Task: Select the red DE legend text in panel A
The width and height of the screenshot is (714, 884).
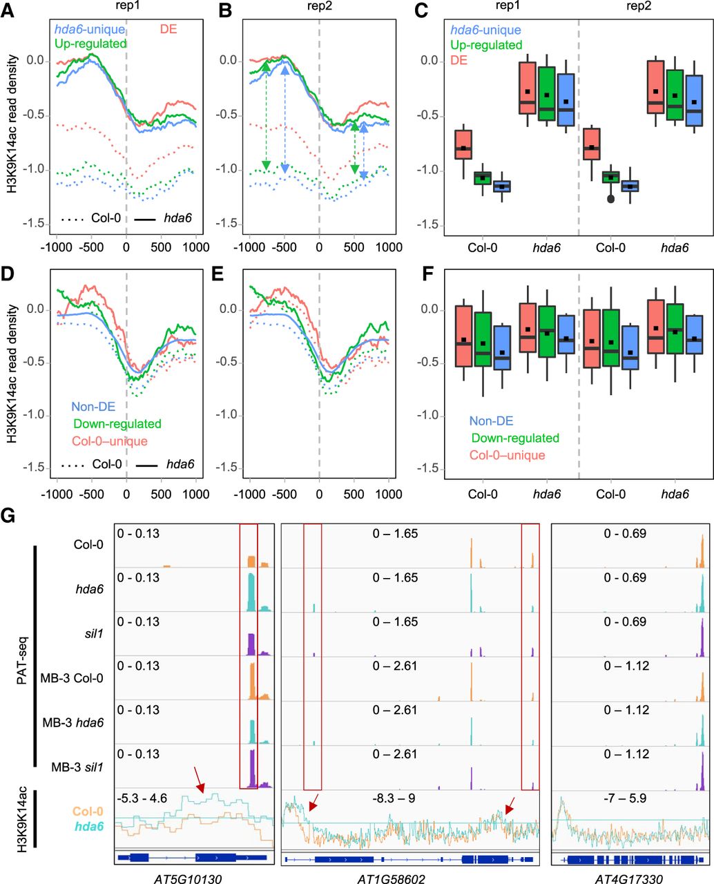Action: pyautogui.click(x=168, y=30)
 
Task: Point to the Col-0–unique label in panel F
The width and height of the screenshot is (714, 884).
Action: pyautogui.click(x=508, y=455)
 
